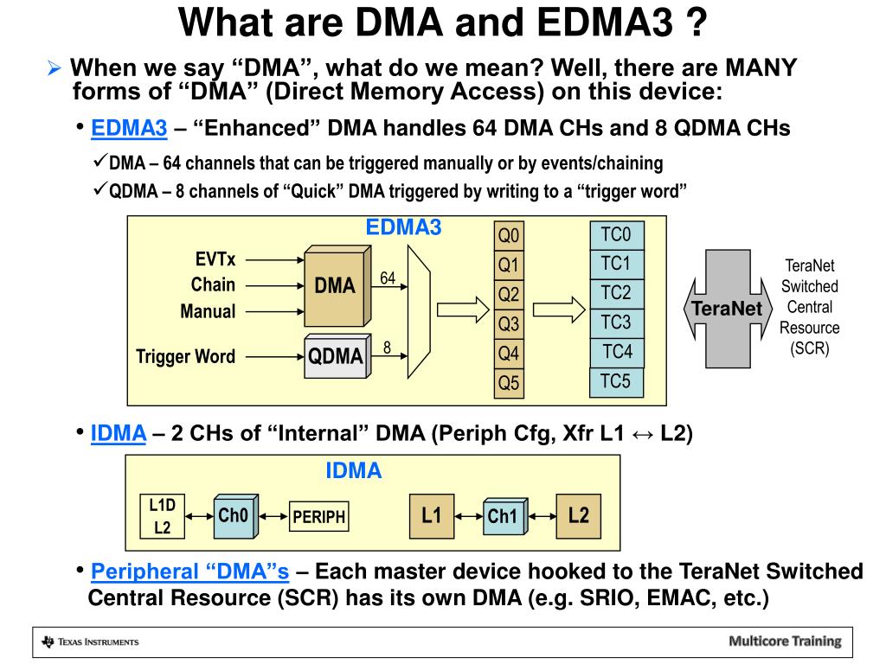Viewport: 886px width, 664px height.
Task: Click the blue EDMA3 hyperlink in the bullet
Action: [129, 128]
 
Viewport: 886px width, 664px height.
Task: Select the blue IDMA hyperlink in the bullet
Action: [119, 433]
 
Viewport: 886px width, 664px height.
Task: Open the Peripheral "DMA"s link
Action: [189, 571]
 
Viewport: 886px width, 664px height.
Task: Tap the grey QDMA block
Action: [337, 356]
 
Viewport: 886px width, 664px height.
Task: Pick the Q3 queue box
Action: [509, 324]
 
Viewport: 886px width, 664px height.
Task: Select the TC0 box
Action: [616, 235]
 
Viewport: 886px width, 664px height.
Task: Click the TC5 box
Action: [616, 382]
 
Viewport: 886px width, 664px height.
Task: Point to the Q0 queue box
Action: [509, 235]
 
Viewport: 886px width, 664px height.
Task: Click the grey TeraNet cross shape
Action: [728, 309]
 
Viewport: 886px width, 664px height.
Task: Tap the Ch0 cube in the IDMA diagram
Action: [235, 516]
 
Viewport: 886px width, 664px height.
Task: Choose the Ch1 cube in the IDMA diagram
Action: [505, 516]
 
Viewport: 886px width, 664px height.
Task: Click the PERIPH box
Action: [318, 517]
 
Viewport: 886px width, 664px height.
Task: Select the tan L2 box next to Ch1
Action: [579, 516]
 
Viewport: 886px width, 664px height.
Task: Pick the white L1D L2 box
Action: [162, 516]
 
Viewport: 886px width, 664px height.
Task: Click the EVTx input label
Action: [215, 259]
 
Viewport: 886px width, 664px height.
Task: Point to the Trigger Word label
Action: [185, 357]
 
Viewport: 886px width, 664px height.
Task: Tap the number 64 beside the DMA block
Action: [388, 278]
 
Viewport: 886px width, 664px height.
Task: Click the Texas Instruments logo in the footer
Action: [90, 642]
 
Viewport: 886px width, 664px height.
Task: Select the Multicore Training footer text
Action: [785, 642]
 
